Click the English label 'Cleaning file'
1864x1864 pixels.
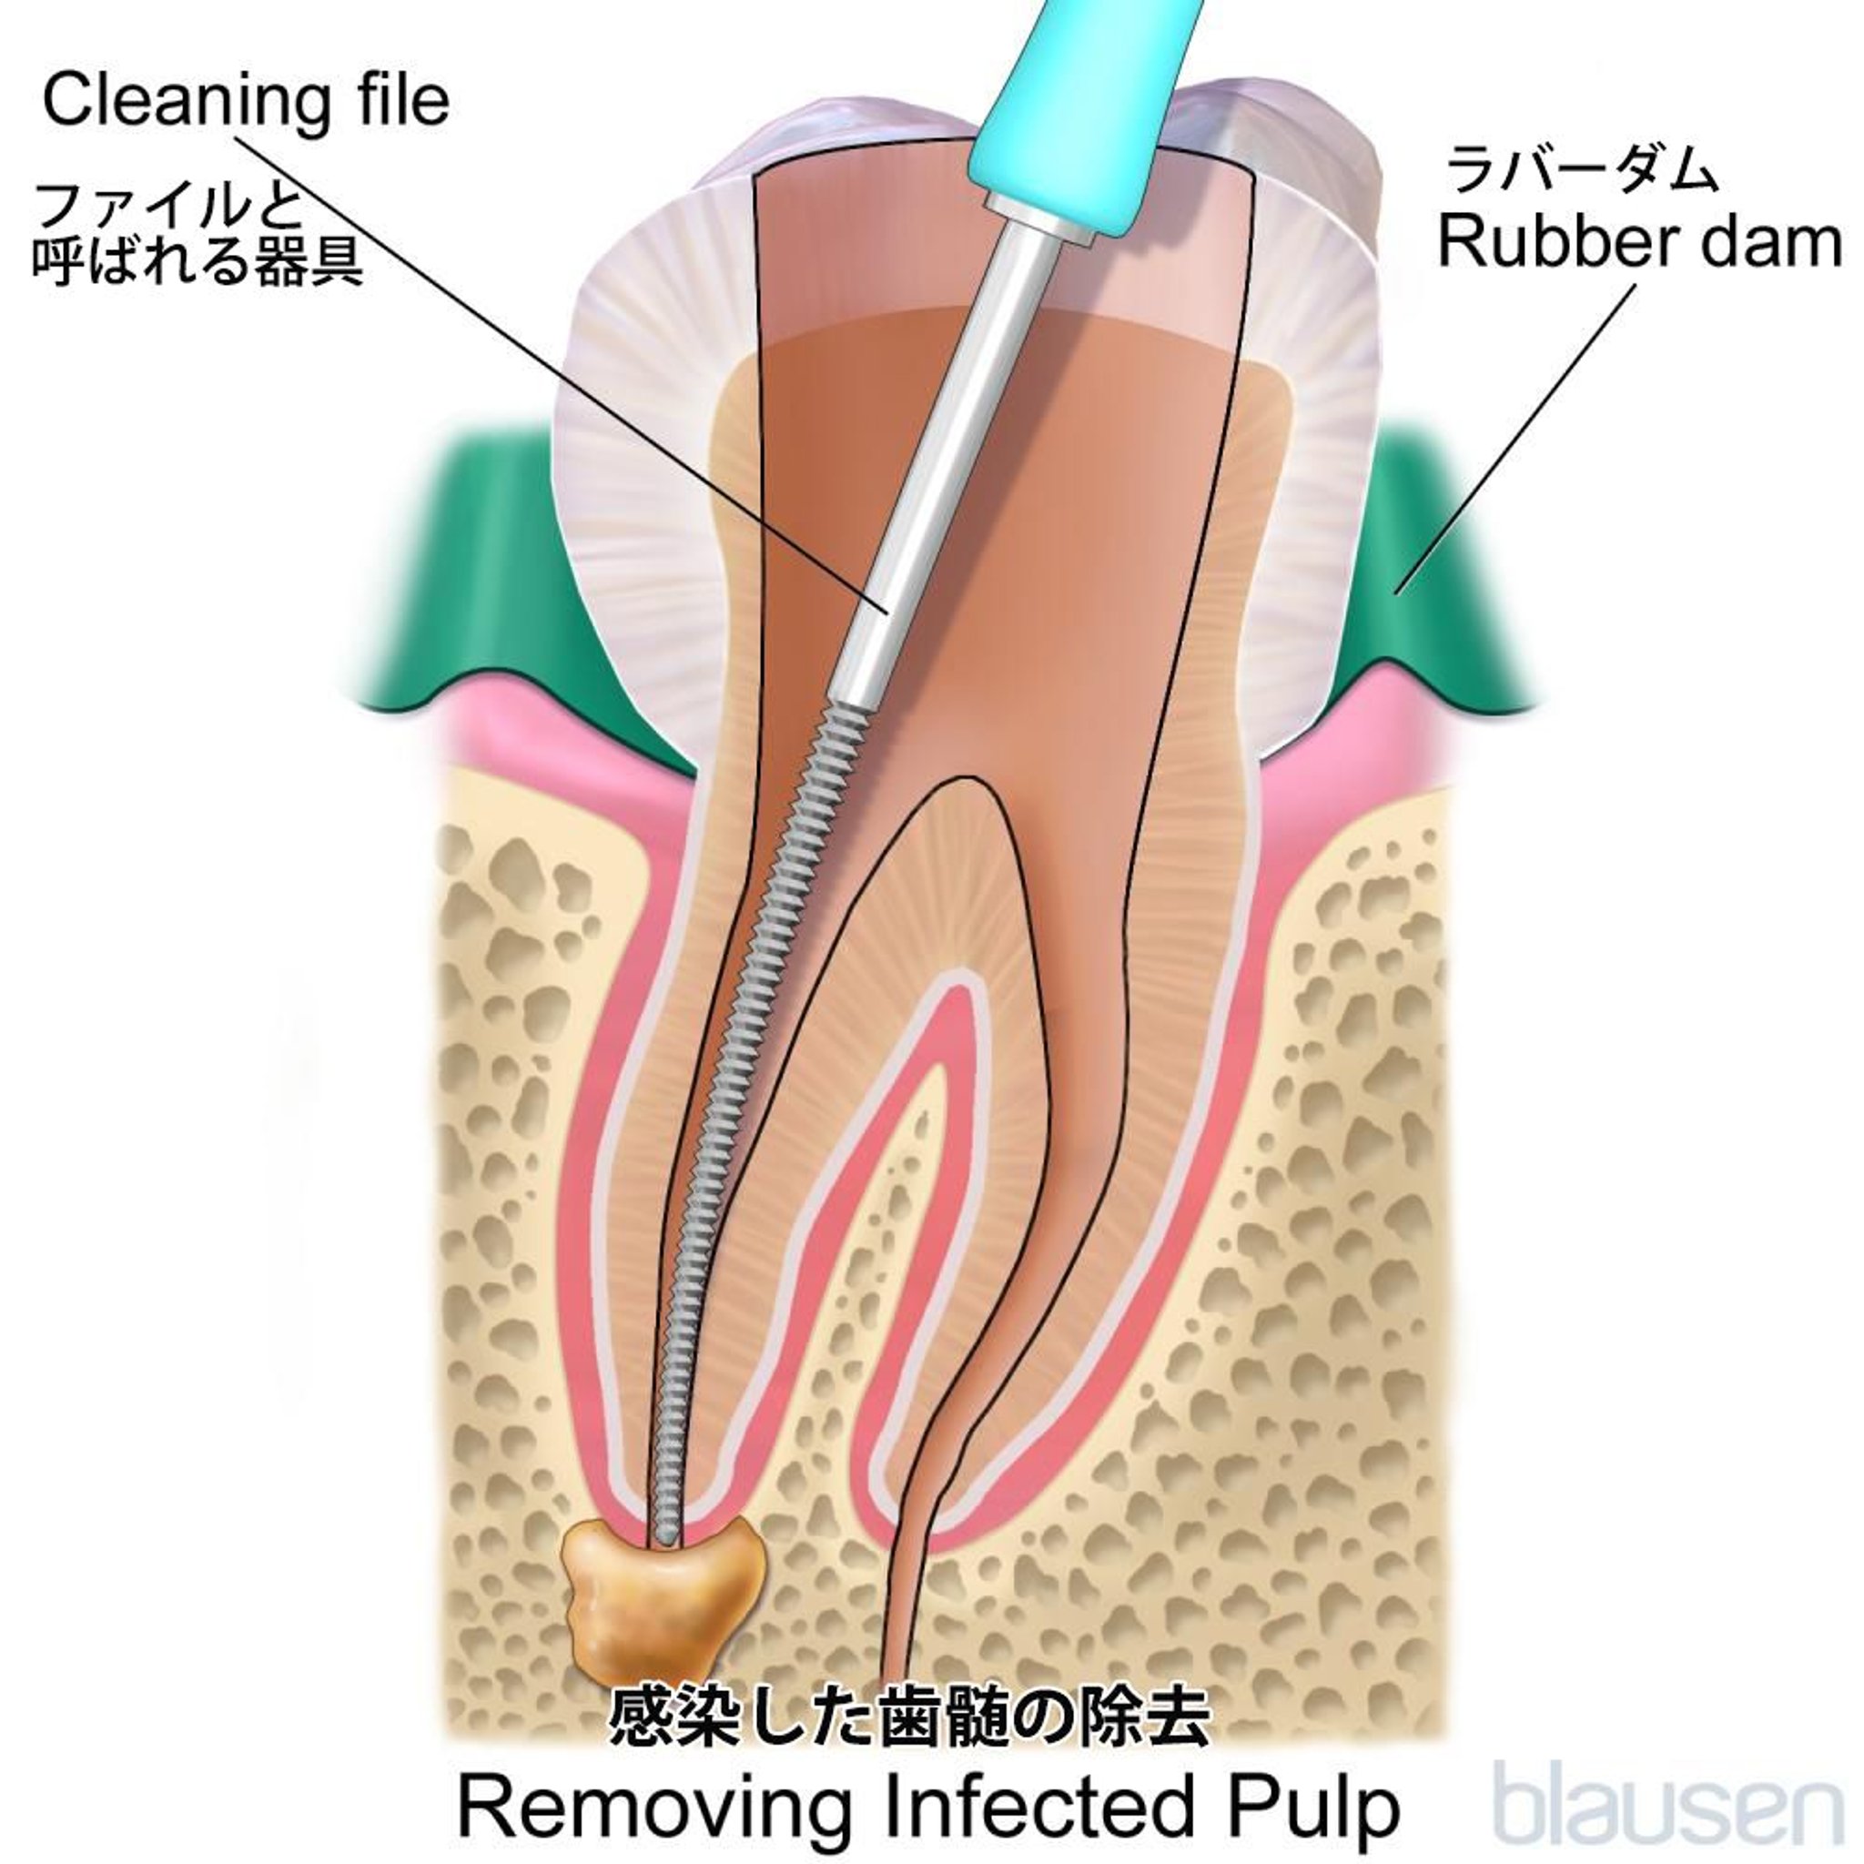point(246,102)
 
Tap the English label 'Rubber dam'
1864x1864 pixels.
point(1639,243)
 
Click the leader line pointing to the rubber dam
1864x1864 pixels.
point(1514,434)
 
